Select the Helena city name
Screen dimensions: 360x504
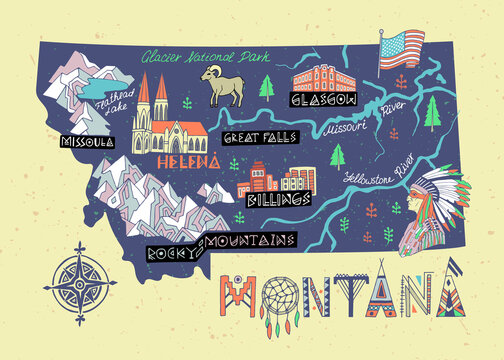click(x=187, y=161)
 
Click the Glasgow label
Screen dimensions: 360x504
click(x=323, y=100)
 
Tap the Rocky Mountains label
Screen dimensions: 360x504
click(x=222, y=245)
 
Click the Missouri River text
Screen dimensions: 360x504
click(x=352, y=127)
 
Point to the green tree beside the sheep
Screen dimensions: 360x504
click(x=267, y=86)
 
